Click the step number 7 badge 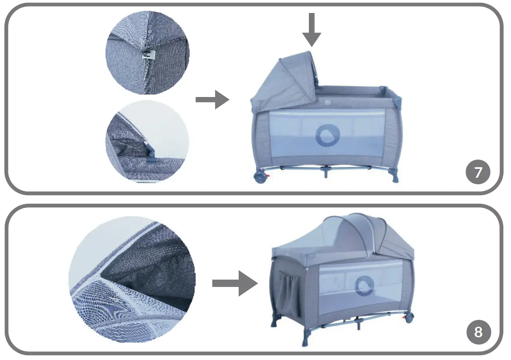point(478,172)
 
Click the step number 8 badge point(478,332)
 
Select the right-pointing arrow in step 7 point(212,100)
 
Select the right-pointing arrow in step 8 point(235,283)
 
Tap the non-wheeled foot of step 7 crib point(393,176)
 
